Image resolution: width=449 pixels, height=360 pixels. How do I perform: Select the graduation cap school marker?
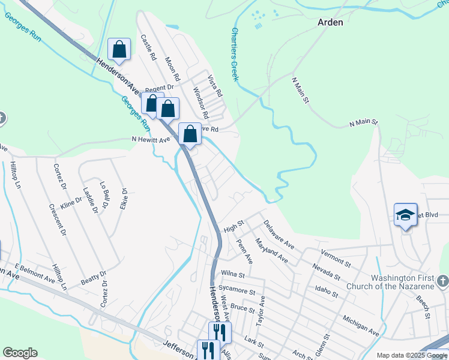(405, 215)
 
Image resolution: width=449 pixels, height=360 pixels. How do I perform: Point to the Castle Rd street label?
(148, 47)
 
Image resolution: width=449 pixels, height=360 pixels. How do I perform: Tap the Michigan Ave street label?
(361, 324)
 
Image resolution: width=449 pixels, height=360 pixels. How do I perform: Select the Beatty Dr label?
(94, 278)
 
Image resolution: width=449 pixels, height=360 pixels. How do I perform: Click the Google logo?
(20, 353)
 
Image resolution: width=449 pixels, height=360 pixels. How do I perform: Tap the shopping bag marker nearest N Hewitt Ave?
(190, 134)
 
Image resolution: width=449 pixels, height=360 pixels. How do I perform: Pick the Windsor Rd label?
(200, 102)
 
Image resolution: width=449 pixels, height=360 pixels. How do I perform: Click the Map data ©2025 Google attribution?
(412, 355)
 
